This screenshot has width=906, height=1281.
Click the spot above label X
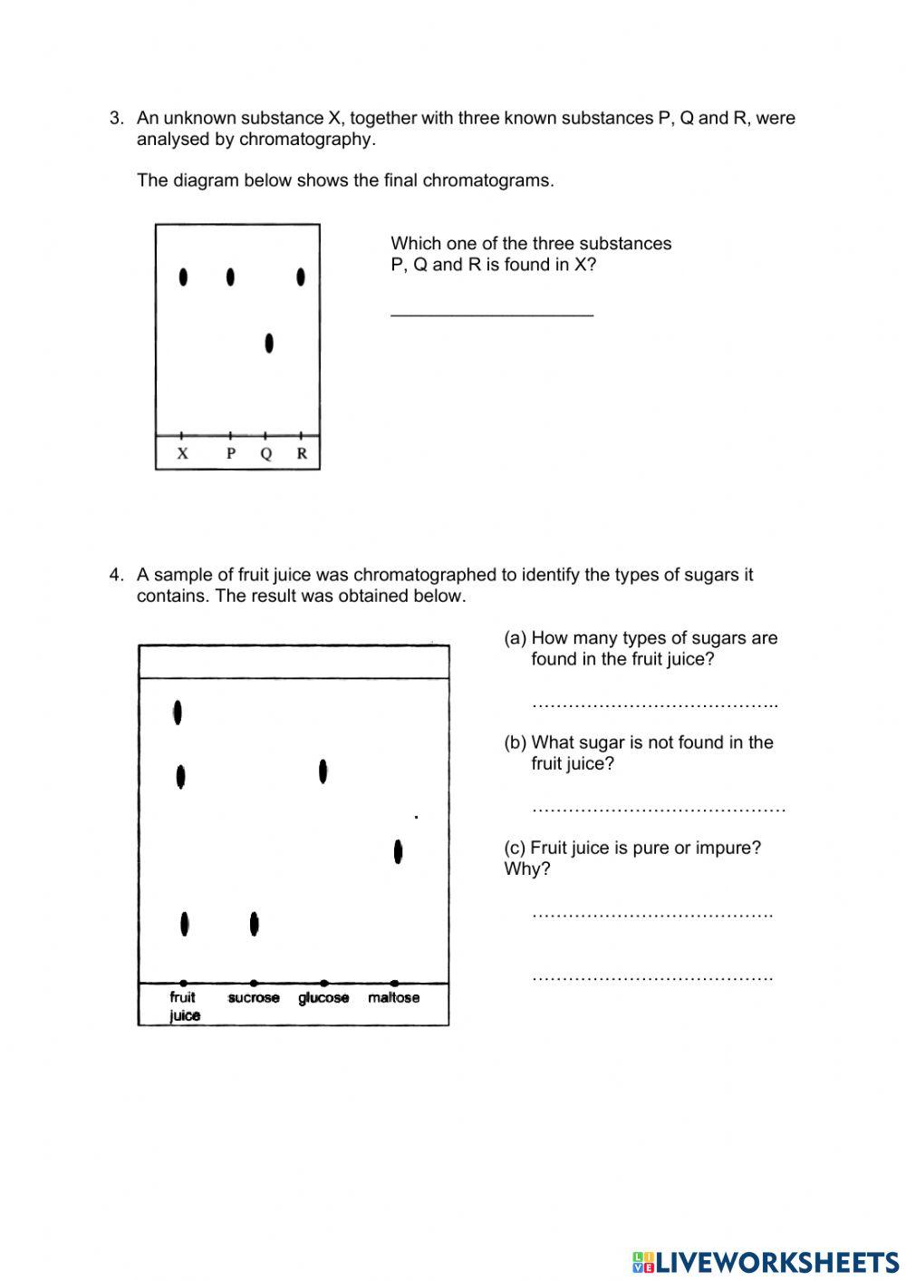click(184, 277)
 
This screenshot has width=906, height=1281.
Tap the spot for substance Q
click(269, 344)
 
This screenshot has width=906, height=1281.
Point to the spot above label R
click(301, 277)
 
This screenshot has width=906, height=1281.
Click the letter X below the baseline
click(182, 453)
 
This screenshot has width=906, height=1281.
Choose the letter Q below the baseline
click(265, 453)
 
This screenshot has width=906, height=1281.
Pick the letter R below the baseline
click(302, 453)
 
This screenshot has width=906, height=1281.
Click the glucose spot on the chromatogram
click(323, 772)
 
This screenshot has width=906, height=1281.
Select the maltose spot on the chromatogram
click(398, 851)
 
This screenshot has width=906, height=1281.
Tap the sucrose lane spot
click(254, 924)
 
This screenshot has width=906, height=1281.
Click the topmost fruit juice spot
click(178, 713)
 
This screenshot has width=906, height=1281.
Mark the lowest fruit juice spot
click(185, 924)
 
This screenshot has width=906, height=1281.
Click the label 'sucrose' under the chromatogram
click(254, 997)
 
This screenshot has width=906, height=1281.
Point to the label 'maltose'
click(393, 997)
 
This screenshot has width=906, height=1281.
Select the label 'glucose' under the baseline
click(323, 997)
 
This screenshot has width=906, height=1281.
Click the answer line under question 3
click(492, 314)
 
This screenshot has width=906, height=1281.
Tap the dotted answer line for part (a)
click(654, 704)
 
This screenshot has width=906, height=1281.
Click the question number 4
click(116, 575)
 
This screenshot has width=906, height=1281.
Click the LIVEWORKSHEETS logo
click(766, 1262)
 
